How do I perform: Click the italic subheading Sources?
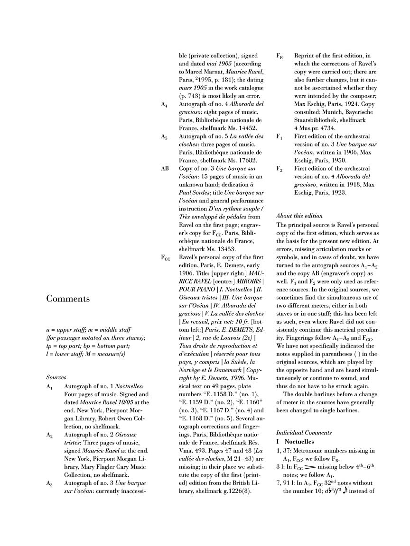point(56,377)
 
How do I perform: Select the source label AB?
point(165,168)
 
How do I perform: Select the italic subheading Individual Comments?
point(304,433)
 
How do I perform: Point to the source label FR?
point(280,55)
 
